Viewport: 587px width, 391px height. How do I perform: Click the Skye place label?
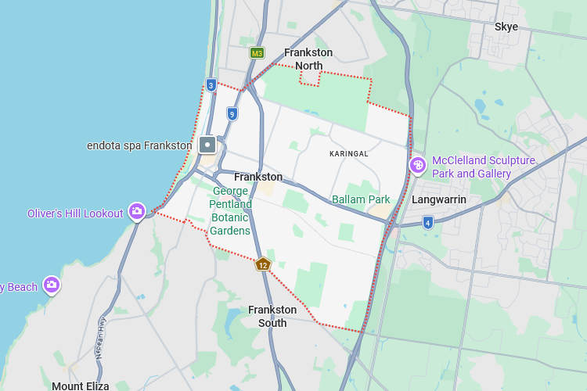(506, 27)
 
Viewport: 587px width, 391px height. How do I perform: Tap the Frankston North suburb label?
(308, 59)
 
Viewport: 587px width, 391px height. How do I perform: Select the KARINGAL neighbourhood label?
(349, 153)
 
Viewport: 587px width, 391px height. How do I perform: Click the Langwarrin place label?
(439, 199)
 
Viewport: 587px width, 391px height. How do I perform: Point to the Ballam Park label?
(361, 199)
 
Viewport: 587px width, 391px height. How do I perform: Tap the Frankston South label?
(272, 316)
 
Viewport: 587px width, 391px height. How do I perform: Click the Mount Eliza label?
(81, 386)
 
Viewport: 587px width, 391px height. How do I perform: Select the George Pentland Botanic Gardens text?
(230, 211)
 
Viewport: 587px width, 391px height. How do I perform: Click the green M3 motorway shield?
(257, 53)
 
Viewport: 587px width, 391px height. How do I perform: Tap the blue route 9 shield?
(232, 114)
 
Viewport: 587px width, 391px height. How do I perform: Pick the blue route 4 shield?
(427, 223)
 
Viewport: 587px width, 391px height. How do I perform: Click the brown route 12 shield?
(263, 265)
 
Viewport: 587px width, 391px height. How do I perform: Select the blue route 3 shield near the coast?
(211, 84)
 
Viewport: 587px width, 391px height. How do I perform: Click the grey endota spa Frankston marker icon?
(207, 145)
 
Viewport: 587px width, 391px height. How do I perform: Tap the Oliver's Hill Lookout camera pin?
(137, 211)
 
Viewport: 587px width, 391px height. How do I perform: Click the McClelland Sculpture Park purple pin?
(418, 164)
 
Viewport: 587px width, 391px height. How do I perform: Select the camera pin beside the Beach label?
(52, 285)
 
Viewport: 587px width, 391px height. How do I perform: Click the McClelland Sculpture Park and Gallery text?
(484, 167)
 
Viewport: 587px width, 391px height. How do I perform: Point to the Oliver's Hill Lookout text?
(75, 213)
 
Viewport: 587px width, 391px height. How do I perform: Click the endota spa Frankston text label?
(139, 145)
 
